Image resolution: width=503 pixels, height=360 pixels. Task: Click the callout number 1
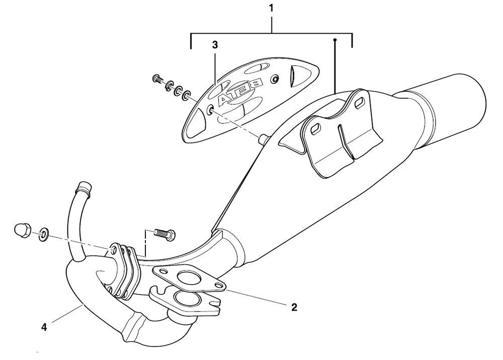271,9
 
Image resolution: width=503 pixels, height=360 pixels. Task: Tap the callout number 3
215,45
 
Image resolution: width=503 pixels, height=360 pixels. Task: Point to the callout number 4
44,327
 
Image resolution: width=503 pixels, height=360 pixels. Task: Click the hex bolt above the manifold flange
166,234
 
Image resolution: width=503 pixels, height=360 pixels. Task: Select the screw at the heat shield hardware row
157,79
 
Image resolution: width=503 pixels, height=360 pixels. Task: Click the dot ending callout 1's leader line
334,38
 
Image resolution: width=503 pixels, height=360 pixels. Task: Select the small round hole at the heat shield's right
275,80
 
